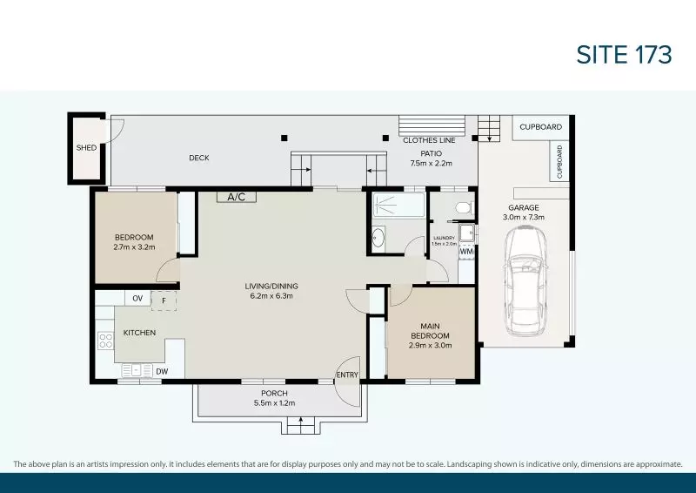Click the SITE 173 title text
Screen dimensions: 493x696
(624, 54)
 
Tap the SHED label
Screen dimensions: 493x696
(85, 148)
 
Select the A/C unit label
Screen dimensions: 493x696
(237, 197)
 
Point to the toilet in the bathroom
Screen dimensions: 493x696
(463, 207)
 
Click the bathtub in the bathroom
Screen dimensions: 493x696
(398, 207)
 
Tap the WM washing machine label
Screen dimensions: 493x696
(466, 252)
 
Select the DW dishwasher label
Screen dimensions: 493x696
(162, 372)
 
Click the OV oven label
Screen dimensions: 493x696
(137, 299)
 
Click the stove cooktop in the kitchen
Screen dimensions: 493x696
(105, 341)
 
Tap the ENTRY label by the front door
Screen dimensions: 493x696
(346, 375)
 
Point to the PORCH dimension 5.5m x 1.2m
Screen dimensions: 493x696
(275, 403)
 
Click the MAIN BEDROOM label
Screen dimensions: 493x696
(430, 331)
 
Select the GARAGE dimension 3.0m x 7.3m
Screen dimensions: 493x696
(525, 217)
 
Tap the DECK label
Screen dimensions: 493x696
(199, 158)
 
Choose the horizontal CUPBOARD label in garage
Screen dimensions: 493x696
(540, 127)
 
